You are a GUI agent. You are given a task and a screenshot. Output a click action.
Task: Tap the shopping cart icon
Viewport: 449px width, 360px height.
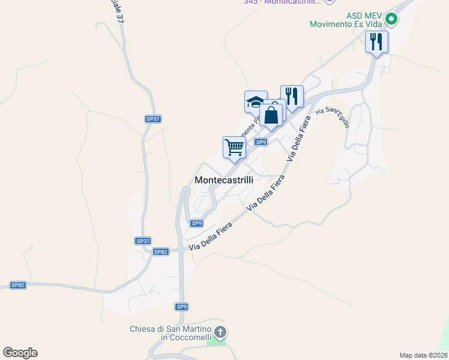234,146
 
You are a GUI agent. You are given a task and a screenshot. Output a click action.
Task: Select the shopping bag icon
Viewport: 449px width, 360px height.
271,114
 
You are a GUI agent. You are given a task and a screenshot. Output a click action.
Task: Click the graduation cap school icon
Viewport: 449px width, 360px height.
256,101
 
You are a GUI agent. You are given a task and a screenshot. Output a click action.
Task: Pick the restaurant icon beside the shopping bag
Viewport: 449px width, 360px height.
292,96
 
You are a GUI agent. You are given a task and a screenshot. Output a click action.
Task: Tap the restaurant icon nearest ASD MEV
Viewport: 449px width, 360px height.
376,41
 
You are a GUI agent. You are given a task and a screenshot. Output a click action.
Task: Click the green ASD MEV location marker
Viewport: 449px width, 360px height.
391,19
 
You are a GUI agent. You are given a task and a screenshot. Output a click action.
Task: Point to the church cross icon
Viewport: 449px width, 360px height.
220,331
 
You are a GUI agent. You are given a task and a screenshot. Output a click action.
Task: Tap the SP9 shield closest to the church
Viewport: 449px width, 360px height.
182,307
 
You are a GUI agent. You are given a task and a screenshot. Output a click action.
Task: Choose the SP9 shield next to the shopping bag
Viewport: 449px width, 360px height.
261,142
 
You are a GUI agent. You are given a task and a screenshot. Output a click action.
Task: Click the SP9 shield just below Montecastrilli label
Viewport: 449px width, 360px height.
197,223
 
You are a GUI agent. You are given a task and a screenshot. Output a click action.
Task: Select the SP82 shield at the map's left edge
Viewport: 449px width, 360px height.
18,285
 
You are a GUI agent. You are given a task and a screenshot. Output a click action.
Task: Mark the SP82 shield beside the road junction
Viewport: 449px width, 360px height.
160,252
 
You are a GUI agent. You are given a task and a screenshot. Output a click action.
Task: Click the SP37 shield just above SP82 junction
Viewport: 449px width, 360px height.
142,241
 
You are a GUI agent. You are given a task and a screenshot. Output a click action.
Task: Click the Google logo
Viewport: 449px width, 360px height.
20,353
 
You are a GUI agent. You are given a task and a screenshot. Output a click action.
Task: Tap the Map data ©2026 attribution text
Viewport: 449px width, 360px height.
424,355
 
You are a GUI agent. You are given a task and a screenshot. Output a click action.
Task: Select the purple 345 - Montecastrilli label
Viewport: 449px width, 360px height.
282,2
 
